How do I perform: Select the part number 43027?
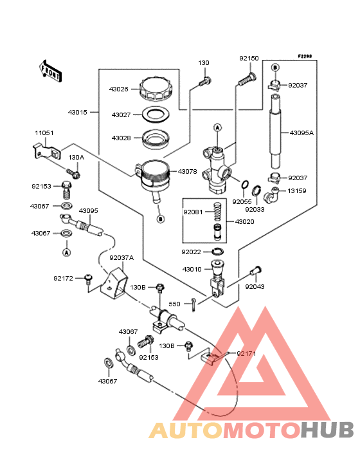[122, 115]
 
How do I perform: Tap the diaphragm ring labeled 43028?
[156, 139]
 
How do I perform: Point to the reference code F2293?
[305, 56]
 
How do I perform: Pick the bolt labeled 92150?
[248, 78]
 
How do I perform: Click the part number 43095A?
[301, 133]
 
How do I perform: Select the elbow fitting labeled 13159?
[271, 195]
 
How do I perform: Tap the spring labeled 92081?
[217, 212]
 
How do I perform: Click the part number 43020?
[244, 222]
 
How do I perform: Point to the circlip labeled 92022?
[217, 251]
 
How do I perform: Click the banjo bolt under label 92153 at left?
[67, 190]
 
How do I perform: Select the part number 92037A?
[122, 258]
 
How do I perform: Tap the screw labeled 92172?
[88, 279]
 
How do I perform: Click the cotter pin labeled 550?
[194, 304]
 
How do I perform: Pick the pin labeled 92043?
[256, 271]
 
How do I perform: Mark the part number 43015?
[77, 113]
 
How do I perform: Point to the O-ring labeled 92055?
[245, 185]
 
